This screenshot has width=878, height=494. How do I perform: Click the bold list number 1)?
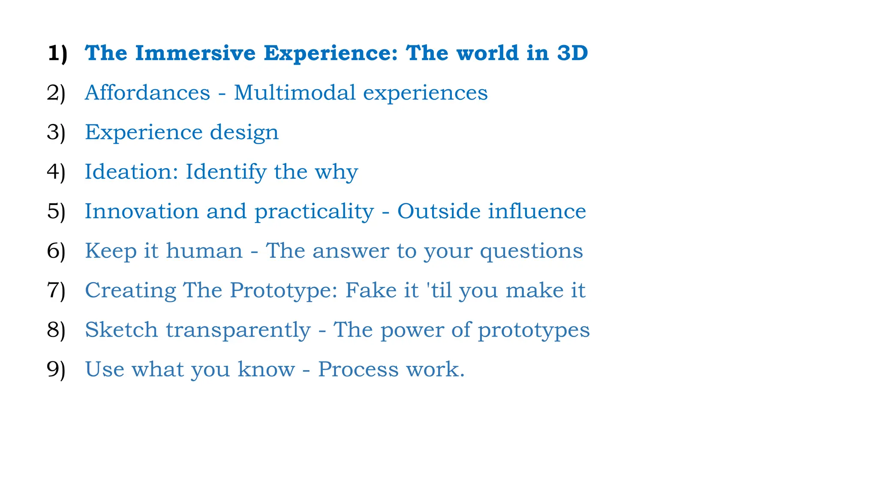pyautogui.click(x=57, y=53)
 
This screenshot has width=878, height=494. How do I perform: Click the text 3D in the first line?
pyautogui.click(x=572, y=53)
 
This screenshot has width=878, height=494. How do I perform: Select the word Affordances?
pyautogui.click(x=147, y=93)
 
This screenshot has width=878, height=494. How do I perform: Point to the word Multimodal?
pyautogui.click(x=295, y=93)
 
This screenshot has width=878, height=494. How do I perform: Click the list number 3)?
pyautogui.click(x=56, y=132)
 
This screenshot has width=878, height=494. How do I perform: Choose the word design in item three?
pyautogui.click(x=244, y=132)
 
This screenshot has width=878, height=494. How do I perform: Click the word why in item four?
pyautogui.click(x=336, y=172)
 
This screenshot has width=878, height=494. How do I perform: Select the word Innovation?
pyautogui.click(x=141, y=211)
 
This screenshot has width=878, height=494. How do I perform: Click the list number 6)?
pyautogui.click(x=56, y=251)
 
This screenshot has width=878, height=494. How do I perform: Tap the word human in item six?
pyautogui.click(x=204, y=251)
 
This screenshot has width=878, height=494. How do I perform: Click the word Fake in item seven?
pyautogui.click(x=371, y=290)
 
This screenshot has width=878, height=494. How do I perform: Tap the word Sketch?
pyautogui.click(x=121, y=330)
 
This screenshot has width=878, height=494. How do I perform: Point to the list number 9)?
pyautogui.click(x=56, y=369)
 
